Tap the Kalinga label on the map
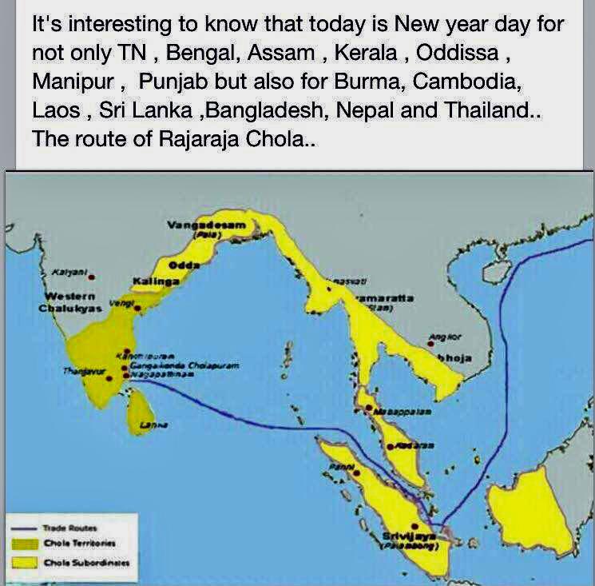(155, 281)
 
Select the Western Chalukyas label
(69, 302)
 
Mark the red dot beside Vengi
(137, 307)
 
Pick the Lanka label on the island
(149, 428)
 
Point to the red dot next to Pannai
(356, 472)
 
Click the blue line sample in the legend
(27, 528)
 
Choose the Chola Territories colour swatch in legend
(27, 544)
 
